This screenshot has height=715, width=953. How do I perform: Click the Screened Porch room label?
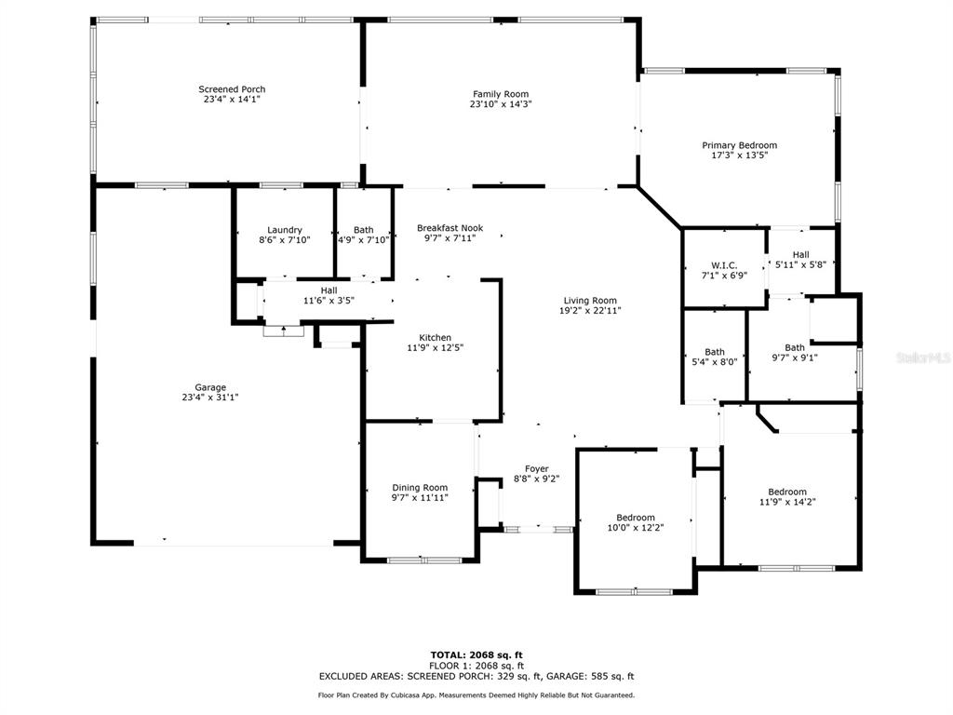pos(232,89)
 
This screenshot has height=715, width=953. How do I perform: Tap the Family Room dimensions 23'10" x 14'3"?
pos(501,104)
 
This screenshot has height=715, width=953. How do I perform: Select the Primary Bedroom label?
pos(740,145)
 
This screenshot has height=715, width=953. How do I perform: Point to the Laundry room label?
pos(285,230)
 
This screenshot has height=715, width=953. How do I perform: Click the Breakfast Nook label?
pos(450,228)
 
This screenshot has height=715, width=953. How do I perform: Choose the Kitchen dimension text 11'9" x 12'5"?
pos(436,348)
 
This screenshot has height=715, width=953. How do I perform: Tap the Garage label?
pos(210,387)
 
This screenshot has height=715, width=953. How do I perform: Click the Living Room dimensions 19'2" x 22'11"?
pos(590,310)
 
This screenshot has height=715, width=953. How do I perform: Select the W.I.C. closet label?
pos(724,265)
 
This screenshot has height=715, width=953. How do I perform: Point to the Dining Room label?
pos(420,488)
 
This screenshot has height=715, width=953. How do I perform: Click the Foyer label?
pos(537,469)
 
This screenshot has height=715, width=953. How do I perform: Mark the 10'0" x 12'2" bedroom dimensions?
pos(635,528)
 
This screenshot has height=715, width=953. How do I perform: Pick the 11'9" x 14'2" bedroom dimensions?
pos(787,502)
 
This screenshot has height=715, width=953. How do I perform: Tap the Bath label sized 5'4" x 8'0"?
pos(715,351)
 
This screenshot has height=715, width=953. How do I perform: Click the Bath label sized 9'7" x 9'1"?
pos(795,348)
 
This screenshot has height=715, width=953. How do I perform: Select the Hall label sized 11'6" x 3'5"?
pos(329,290)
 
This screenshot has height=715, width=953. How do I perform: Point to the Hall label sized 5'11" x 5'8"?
pos(800,255)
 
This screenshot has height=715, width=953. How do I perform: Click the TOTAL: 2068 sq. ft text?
pos(476,654)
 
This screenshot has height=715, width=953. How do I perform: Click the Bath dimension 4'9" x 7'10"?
pos(364,239)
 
